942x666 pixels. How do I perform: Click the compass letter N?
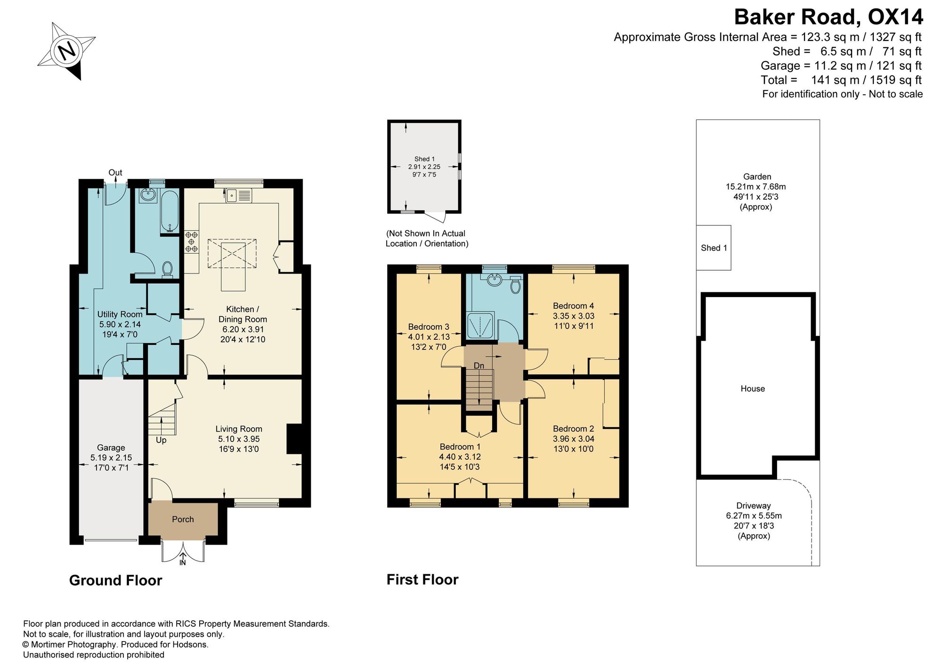67,50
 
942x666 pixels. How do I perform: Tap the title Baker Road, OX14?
828,17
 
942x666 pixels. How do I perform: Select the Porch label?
183,519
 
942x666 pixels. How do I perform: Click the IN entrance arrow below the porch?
183,559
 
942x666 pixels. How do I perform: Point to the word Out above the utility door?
115,173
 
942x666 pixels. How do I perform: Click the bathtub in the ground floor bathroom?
170,212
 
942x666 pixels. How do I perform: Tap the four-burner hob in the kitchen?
192,241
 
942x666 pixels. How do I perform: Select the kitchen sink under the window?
238,195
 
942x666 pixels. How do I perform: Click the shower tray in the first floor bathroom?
480,325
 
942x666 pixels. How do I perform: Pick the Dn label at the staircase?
479,366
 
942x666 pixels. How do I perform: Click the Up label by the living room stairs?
161,441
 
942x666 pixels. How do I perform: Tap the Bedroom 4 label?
573,306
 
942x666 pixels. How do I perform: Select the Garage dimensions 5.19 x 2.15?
111,457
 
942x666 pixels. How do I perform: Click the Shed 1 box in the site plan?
714,248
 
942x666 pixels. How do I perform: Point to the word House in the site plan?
753,389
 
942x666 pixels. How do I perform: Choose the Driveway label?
754,506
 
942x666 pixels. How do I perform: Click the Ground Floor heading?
115,580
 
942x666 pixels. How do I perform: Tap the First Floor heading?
422,579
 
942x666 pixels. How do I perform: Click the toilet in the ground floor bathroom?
167,269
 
